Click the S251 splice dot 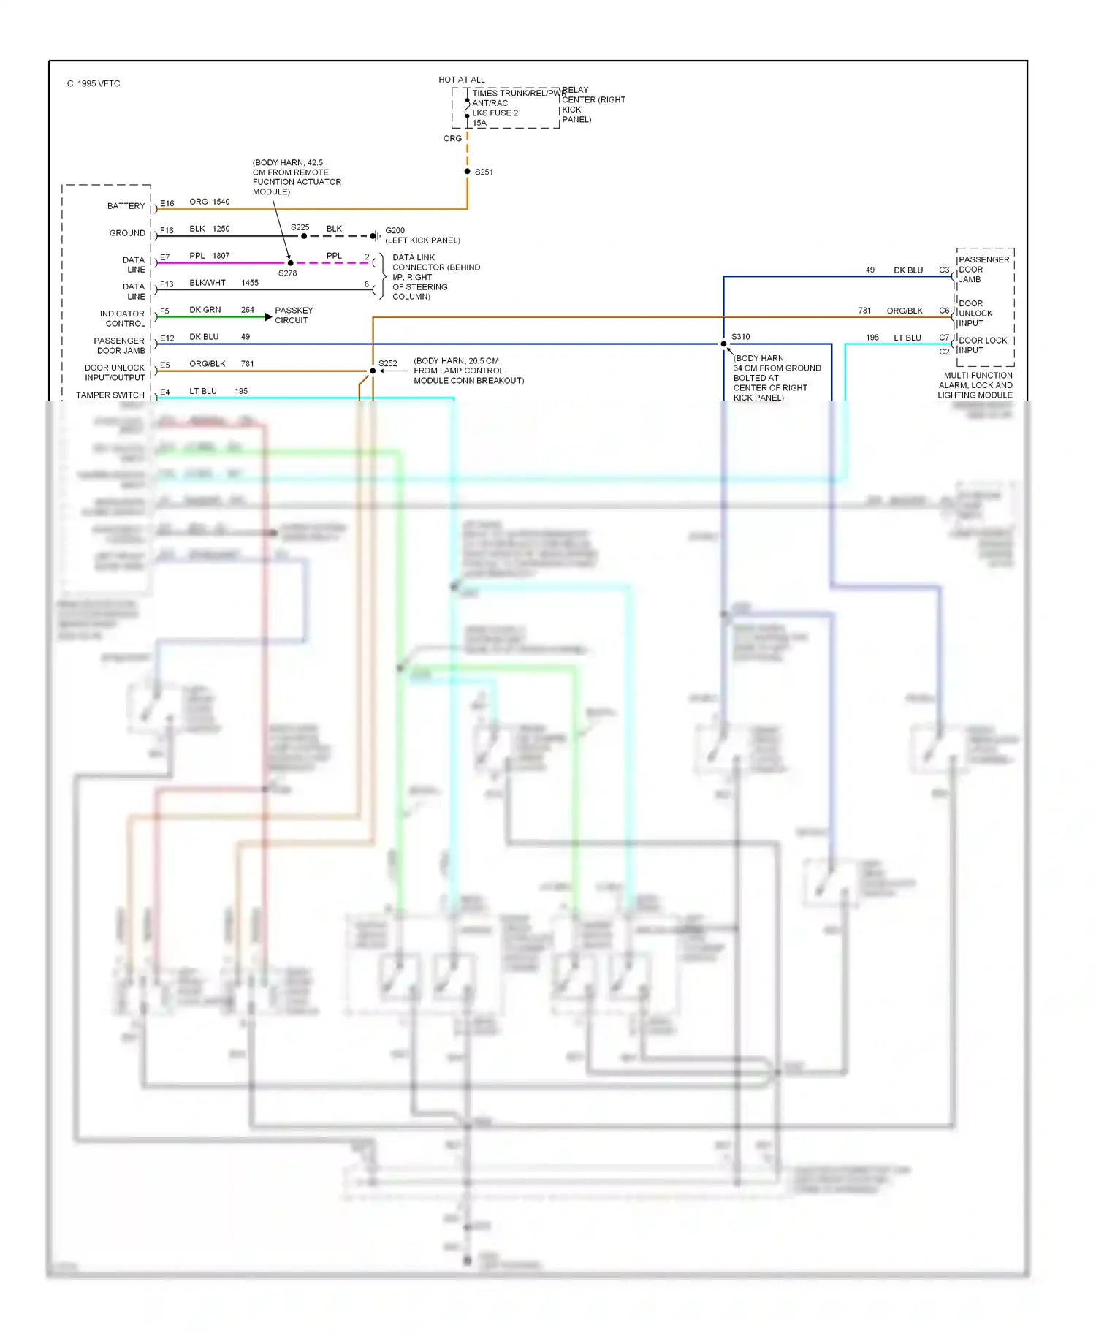(x=468, y=172)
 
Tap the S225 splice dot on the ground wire (x=304, y=236)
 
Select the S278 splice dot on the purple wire (x=290, y=263)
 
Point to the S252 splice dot (x=373, y=371)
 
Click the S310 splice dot (x=723, y=344)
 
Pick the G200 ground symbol (x=374, y=236)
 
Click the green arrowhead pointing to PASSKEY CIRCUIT (x=268, y=317)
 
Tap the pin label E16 (x=167, y=204)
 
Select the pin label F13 (x=167, y=284)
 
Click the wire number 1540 (x=221, y=202)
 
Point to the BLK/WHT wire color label (x=208, y=283)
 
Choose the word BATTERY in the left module (x=126, y=206)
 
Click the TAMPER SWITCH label (x=110, y=395)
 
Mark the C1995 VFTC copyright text (x=94, y=84)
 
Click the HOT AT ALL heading (x=461, y=80)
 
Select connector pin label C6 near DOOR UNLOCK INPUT (x=944, y=311)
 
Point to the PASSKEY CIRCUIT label (x=294, y=316)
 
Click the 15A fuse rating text (x=479, y=123)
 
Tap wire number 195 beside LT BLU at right (x=872, y=338)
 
